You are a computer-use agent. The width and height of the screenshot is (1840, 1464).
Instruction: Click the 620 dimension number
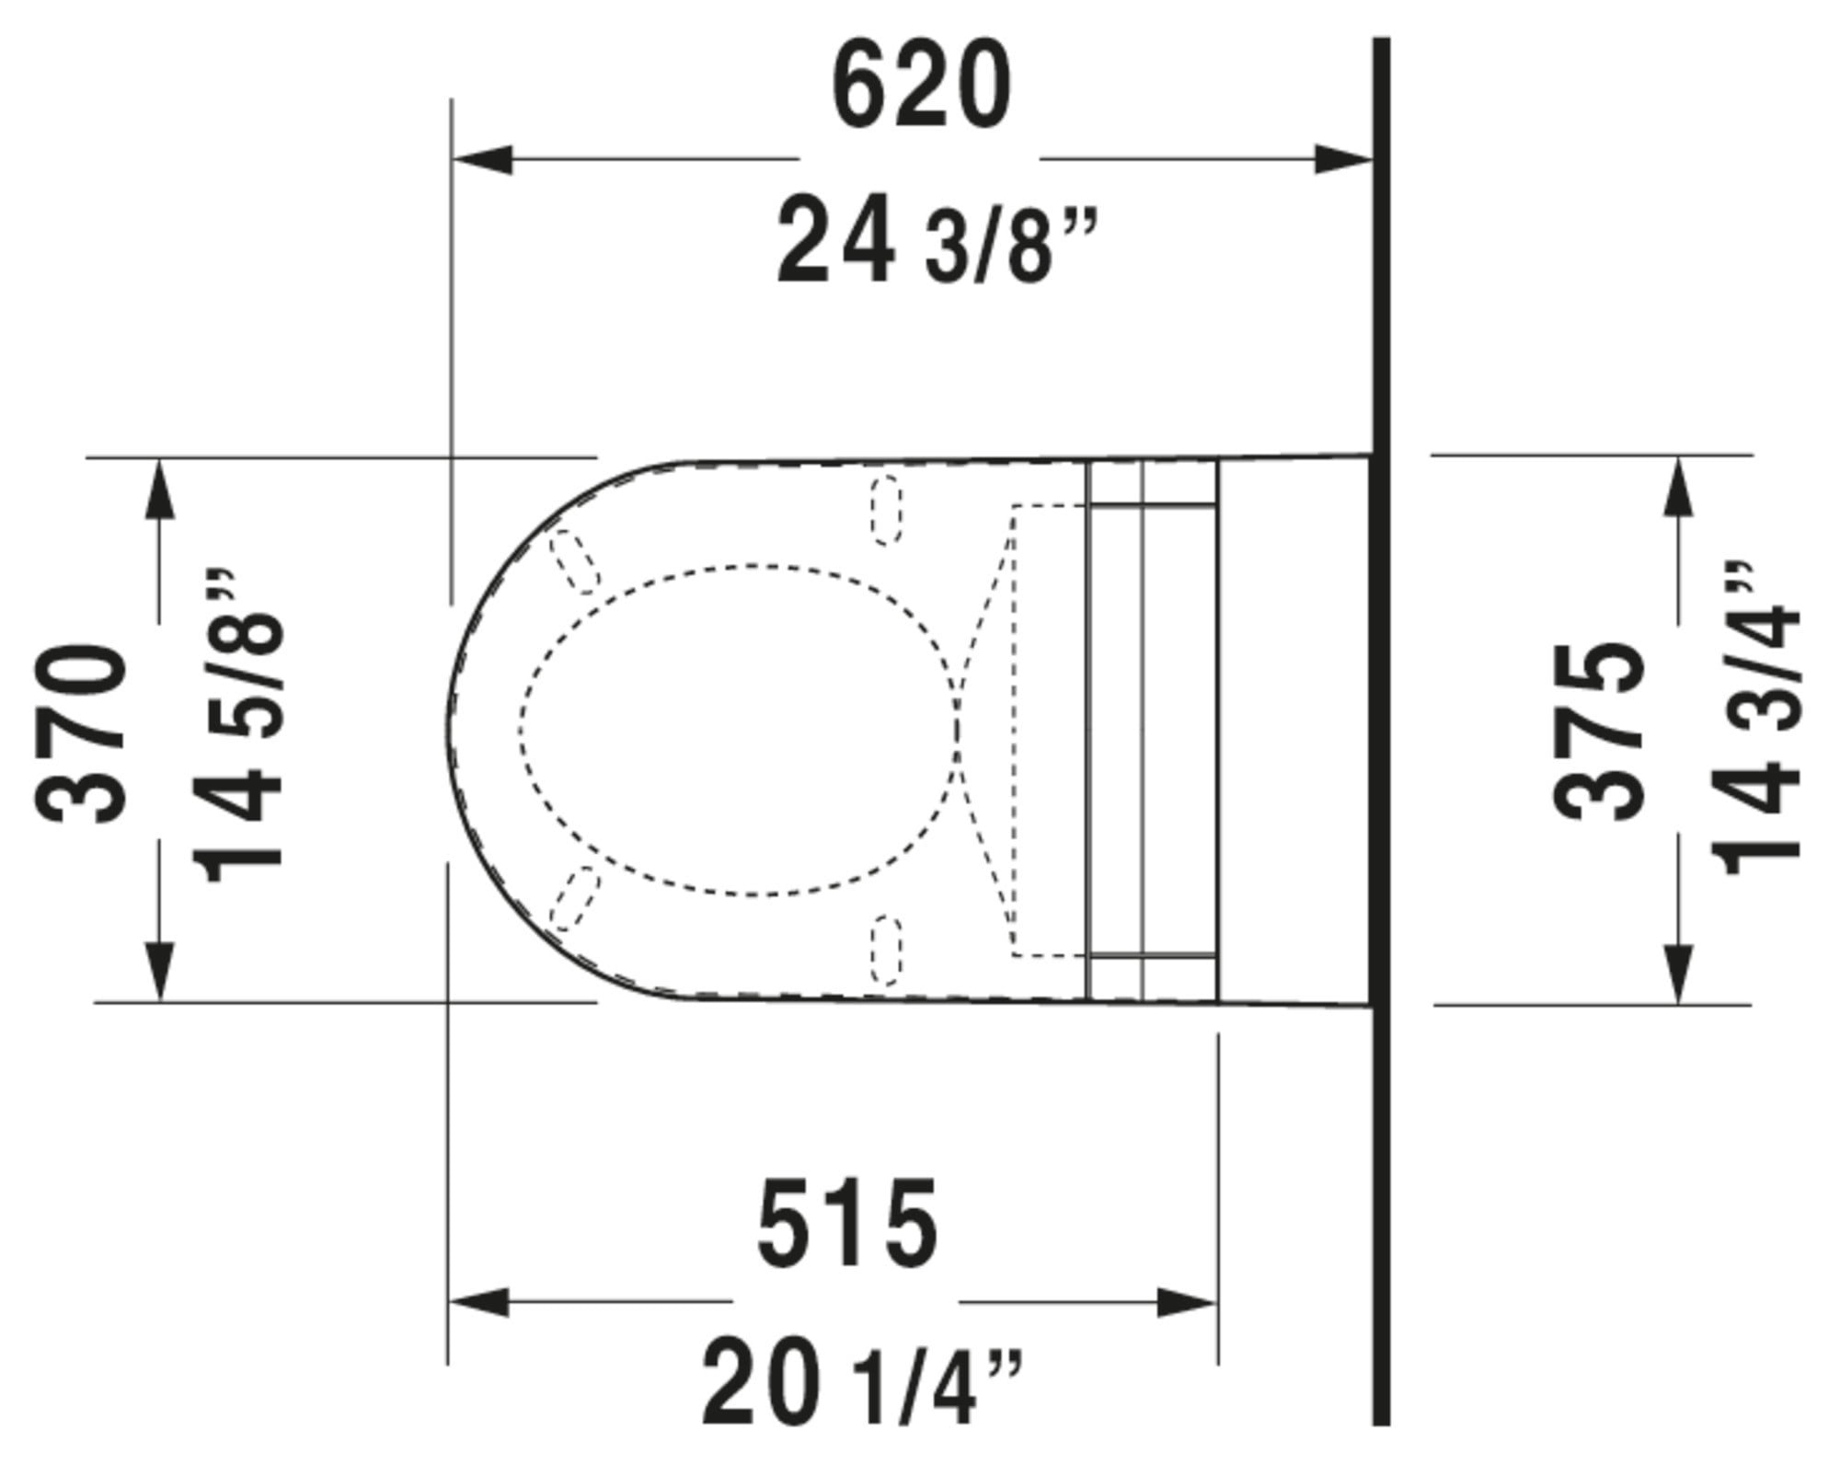coord(921,86)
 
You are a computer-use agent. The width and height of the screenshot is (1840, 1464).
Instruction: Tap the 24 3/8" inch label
coord(937,242)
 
